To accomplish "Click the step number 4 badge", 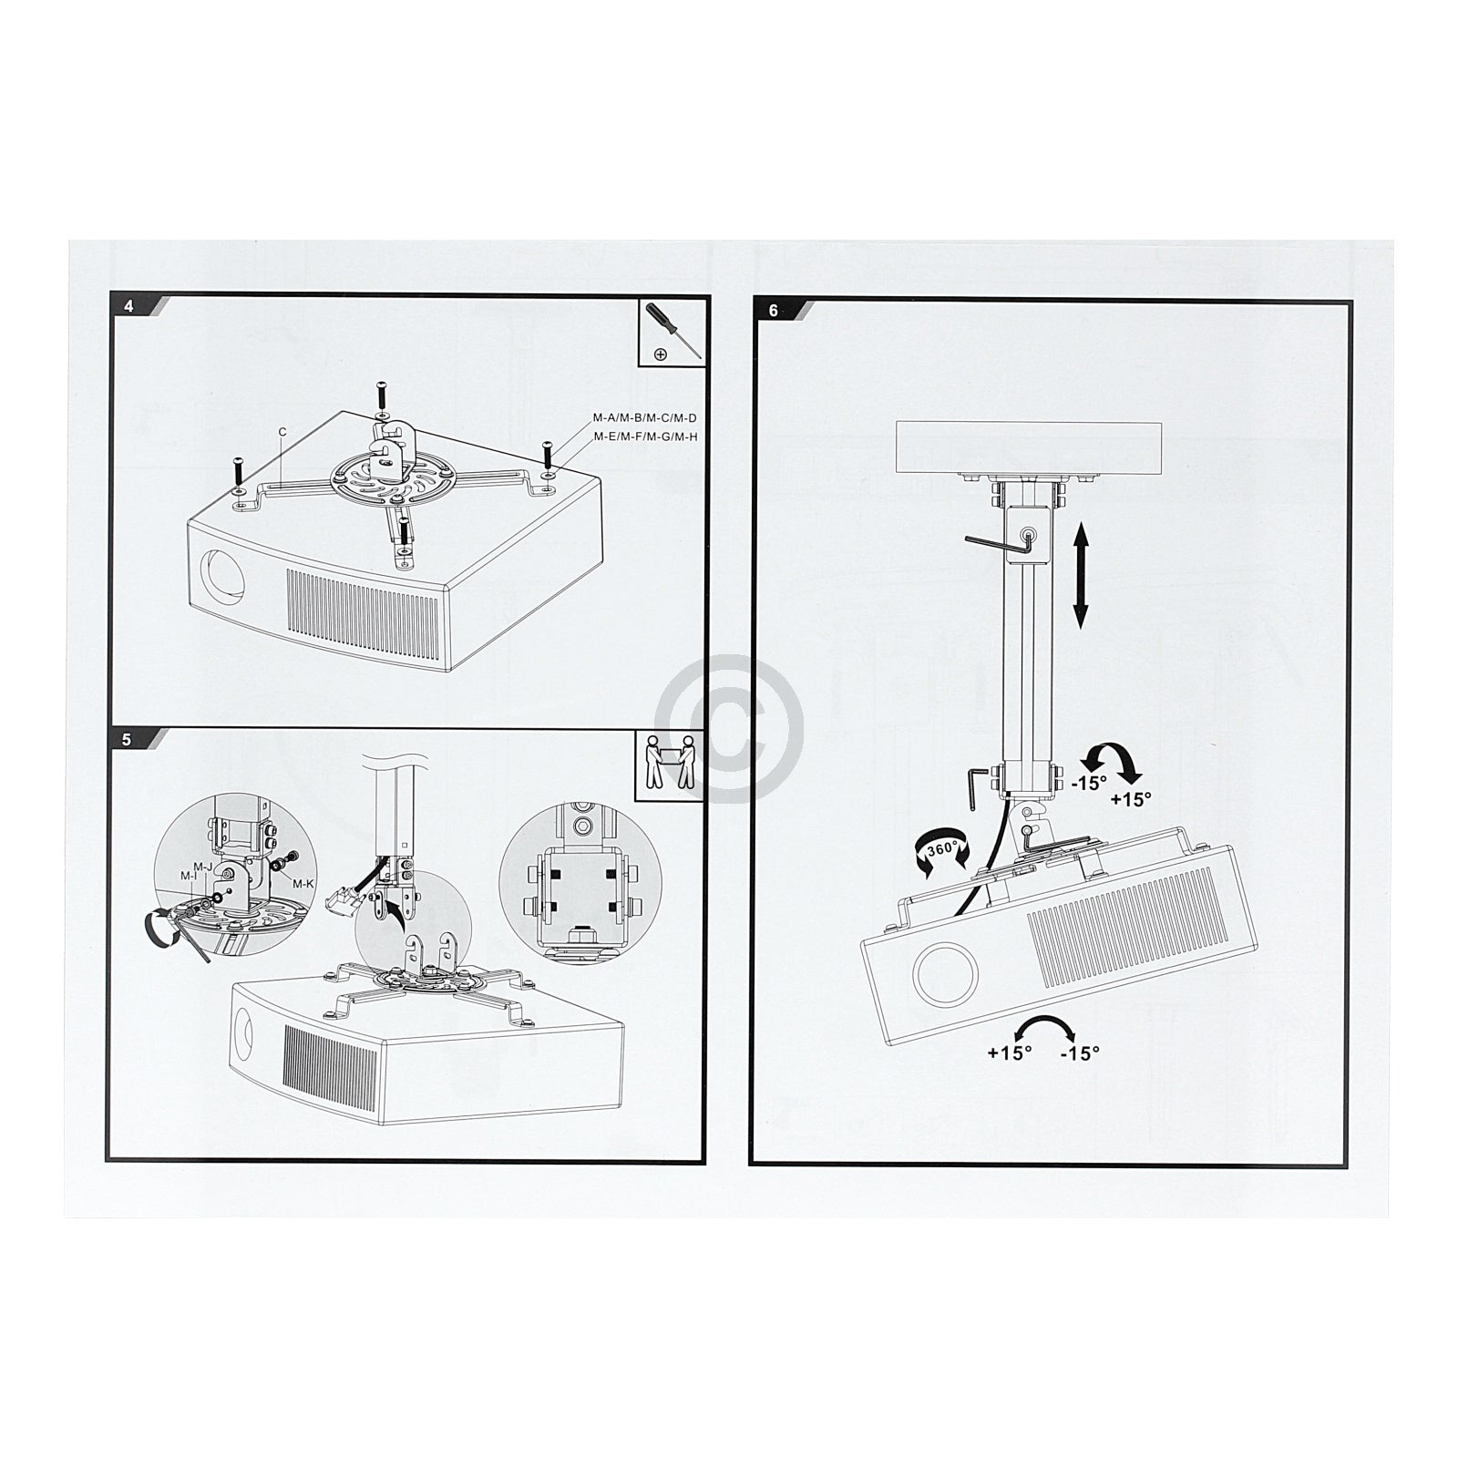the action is pos(128,306).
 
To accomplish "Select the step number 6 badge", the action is pos(773,311).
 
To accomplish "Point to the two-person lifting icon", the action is pos(670,762).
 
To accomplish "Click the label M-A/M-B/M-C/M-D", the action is pos(645,418).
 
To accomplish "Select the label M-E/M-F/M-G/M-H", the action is pos(645,436).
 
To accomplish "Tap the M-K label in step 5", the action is pos(303,883).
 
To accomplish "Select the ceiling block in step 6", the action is pos(1032,447).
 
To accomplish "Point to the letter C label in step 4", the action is pos(282,433).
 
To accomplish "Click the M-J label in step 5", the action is pos(202,866).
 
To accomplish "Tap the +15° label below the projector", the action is pos(1009,1052).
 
